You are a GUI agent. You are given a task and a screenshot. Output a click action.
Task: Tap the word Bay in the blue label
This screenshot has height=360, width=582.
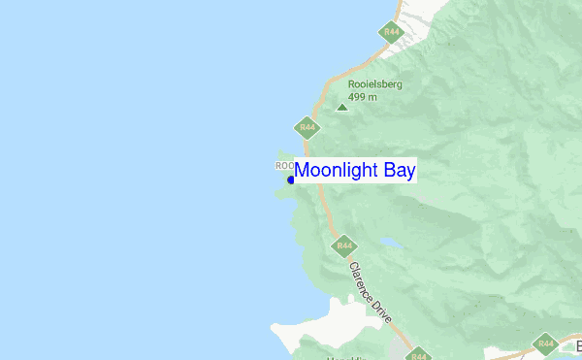pos(399,171)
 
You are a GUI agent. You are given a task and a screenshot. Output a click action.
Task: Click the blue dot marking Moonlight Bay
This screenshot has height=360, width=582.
pos(291,180)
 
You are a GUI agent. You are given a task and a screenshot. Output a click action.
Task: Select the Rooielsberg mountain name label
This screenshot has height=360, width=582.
pos(374,84)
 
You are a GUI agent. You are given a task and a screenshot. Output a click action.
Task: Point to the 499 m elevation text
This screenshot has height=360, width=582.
pos(362,96)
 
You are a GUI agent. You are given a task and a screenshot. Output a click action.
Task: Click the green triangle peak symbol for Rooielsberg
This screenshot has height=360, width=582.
pos(341,107)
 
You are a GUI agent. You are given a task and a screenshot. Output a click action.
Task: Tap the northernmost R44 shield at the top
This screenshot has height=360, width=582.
pos(391,32)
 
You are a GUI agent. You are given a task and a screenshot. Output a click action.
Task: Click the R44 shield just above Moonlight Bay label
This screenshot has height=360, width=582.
pos(307,126)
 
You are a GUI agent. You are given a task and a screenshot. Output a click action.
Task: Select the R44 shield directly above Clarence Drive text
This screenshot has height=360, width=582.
pos(343,246)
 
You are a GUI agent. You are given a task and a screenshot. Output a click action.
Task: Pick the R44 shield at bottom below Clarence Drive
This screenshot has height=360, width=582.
pos(418,355)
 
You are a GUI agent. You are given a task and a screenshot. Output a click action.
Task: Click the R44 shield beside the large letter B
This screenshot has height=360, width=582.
pos(545,344)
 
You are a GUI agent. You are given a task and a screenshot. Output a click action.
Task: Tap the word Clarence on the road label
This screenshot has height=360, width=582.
pos(361,277)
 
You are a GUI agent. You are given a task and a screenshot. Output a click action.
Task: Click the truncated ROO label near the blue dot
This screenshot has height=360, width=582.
pos(284,166)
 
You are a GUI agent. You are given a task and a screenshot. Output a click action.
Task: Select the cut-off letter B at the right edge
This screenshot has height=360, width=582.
pos(577,346)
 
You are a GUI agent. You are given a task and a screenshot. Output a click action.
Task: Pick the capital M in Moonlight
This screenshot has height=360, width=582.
pos(303,171)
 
